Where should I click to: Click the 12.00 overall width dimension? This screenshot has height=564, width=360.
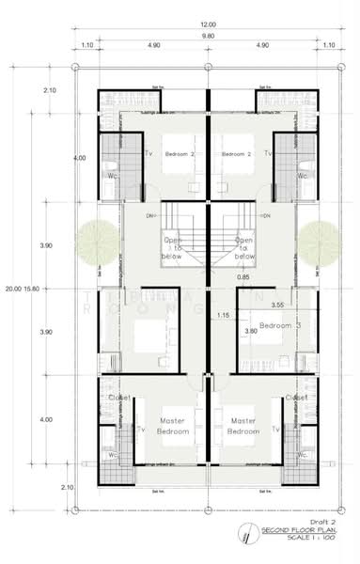point(207,23)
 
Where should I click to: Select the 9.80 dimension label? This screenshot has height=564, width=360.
point(207,36)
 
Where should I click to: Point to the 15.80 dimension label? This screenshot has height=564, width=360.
point(32,289)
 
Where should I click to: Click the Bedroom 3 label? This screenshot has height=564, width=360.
point(278,325)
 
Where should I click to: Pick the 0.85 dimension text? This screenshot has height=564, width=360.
point(243,277)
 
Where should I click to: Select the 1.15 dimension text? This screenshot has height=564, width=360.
point(224,315)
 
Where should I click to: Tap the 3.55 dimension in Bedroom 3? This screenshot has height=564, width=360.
point(277,305)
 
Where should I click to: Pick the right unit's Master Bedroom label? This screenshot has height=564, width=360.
point(243,426)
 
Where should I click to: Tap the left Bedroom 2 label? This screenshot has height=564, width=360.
point(180,152)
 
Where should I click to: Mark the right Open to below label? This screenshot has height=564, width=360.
point(244,247)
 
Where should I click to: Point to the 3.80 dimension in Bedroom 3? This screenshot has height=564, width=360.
point(250,331)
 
